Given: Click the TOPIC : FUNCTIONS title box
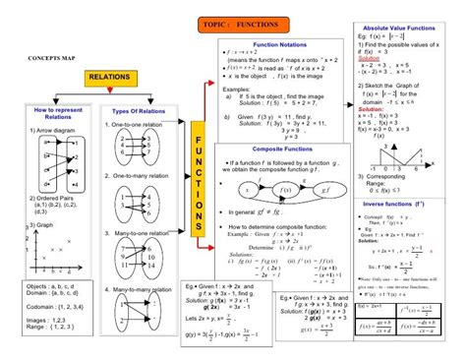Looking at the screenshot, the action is click(x=243, y=23).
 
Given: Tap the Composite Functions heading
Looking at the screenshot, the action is click(x=280, y=149).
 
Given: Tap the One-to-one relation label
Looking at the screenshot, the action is click(x=139, y=125).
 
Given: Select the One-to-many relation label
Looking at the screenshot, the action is click(x=141, y=175).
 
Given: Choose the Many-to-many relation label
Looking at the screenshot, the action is click(x=143, y=290).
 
